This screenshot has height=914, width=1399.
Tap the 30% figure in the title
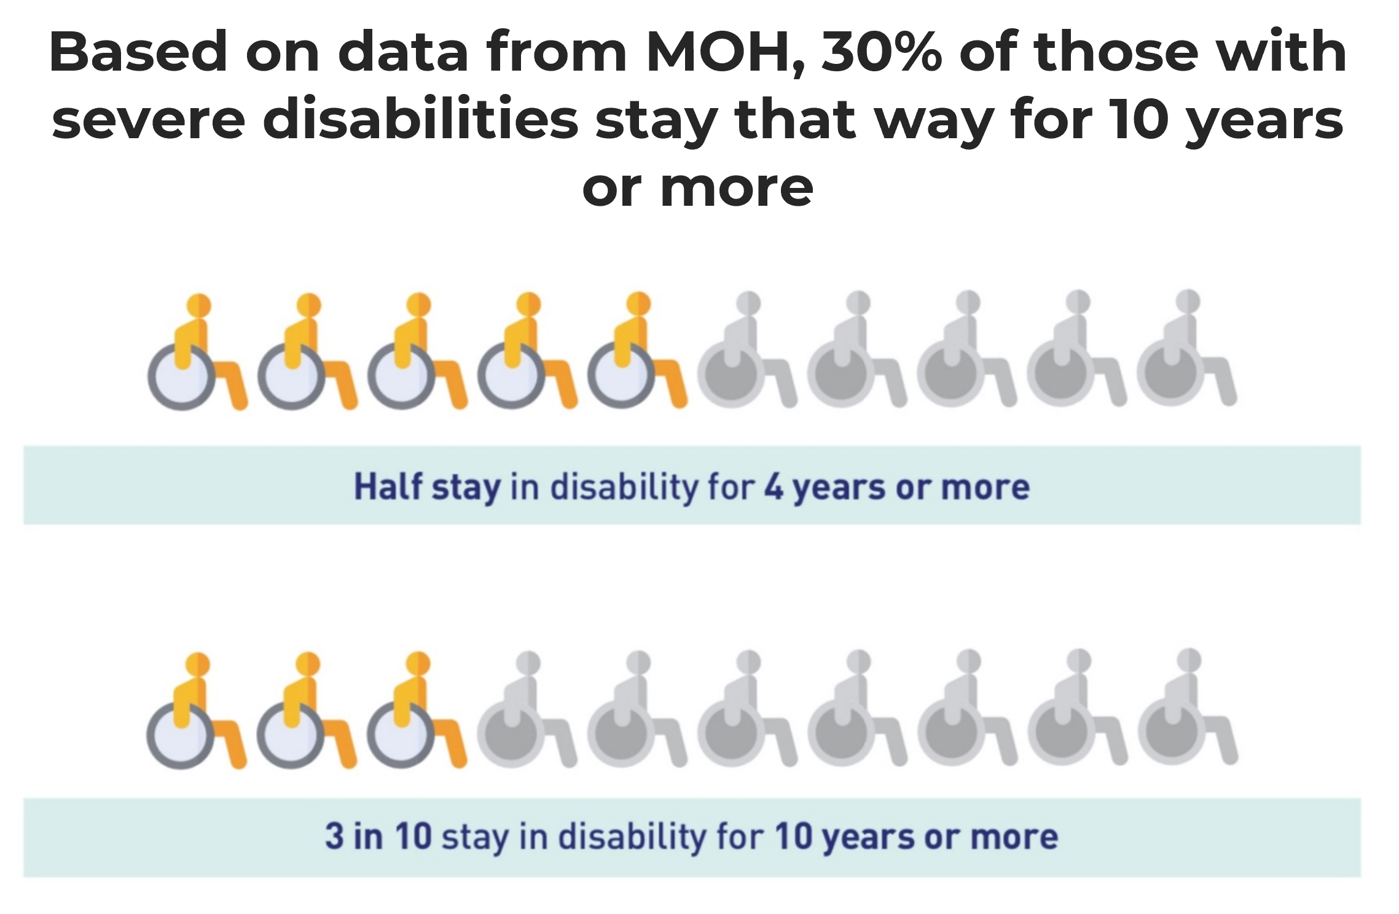pos(882,53)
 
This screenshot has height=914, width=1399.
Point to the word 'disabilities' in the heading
pos(421,120)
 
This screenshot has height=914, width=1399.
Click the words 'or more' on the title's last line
pos(698,188)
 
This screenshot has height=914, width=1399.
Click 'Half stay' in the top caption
pos(427,487)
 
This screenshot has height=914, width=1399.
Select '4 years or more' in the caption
pos(896,487)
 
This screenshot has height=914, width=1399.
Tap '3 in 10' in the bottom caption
pos(378,836)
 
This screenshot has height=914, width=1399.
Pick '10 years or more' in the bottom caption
pos(916,836)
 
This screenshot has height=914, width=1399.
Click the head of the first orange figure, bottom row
pos(198,663)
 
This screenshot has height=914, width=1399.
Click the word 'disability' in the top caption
pos(624,487)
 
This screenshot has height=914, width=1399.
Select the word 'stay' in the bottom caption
pos(474,837)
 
